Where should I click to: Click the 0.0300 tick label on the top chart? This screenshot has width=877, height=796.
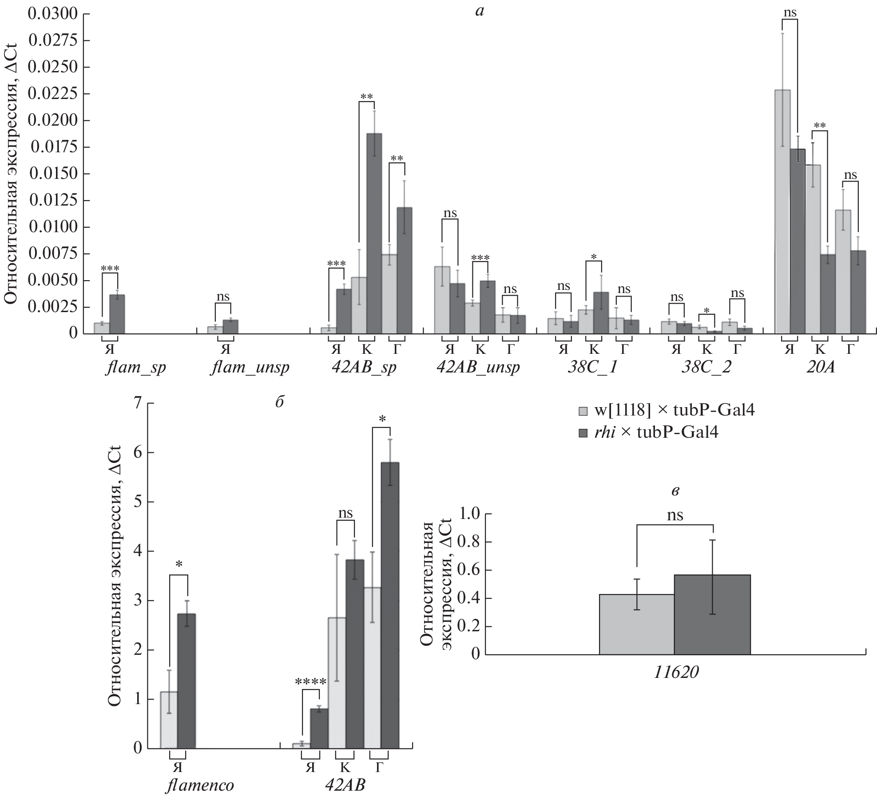point(52,14)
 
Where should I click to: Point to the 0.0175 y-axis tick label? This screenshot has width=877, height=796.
point(52,147)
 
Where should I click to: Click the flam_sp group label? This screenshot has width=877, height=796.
point(136,368)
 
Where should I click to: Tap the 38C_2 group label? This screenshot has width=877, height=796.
point(706,368)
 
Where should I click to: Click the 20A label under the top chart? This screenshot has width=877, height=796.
point(821,368)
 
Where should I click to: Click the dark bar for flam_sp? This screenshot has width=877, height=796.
point(117,314)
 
